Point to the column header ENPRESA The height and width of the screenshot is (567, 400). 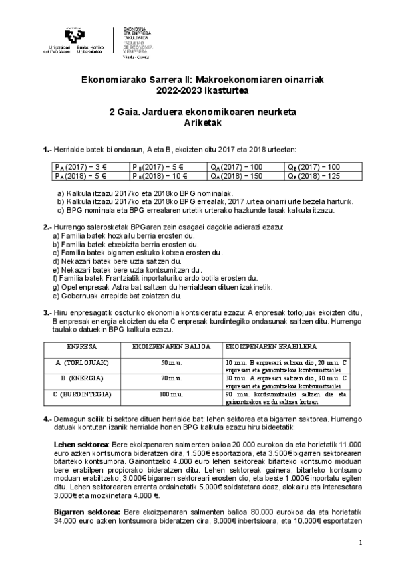click(x=83, y=348)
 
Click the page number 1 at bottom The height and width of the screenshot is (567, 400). click(x=360, y=542)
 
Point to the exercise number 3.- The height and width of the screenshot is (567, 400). click(x=47, y=312)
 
